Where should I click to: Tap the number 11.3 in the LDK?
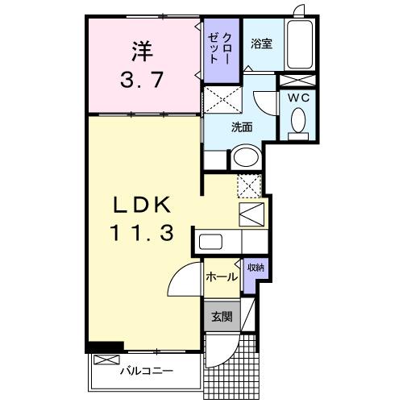(142, 234)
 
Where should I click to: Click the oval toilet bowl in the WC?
(297, 121)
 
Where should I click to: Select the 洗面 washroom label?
(242, 127)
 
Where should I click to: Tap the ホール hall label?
(222, 277)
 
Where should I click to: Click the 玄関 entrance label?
(222, 317)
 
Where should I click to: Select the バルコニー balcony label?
(147, 372)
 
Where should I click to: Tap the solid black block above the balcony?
(105, 347)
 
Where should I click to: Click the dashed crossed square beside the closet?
(222, 101)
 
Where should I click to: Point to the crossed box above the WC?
(297, 80)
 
